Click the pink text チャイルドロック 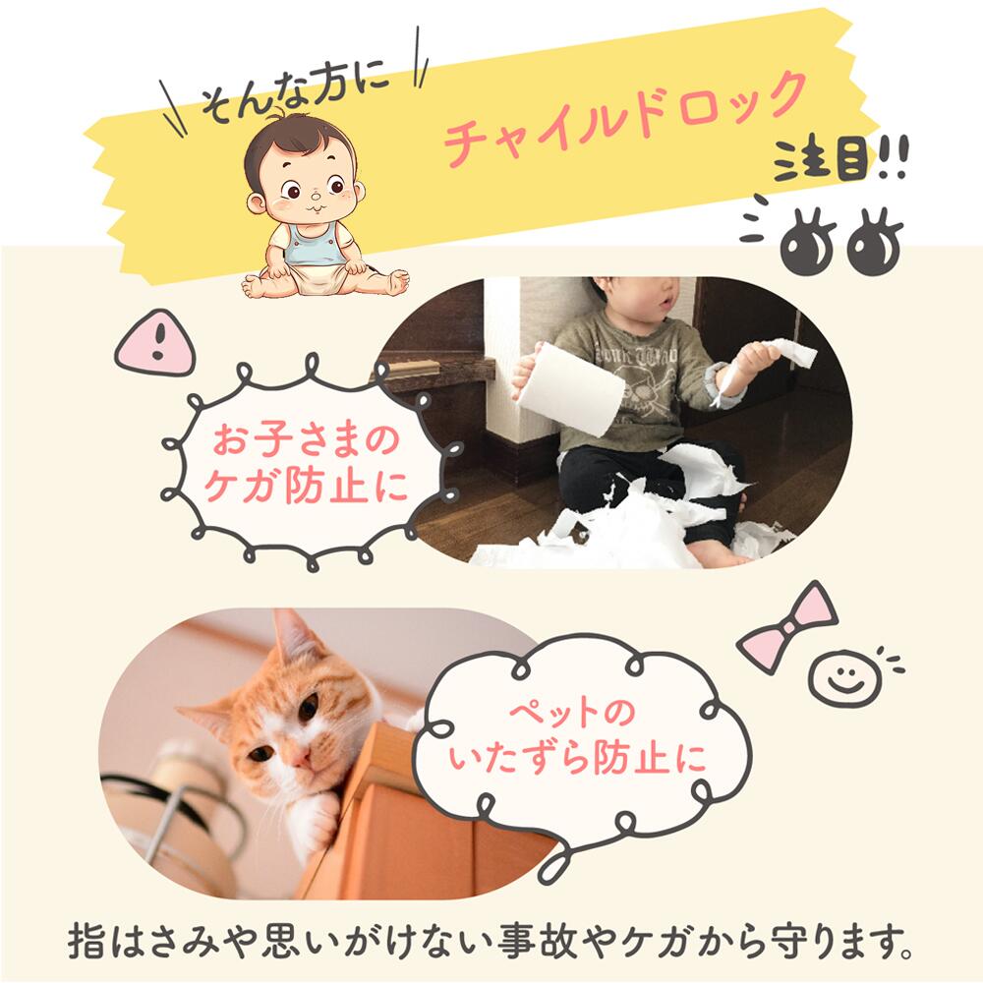click(624, 116)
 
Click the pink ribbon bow click(786, 625)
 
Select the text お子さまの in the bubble click(307, 439)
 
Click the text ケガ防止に click(307, 487)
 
